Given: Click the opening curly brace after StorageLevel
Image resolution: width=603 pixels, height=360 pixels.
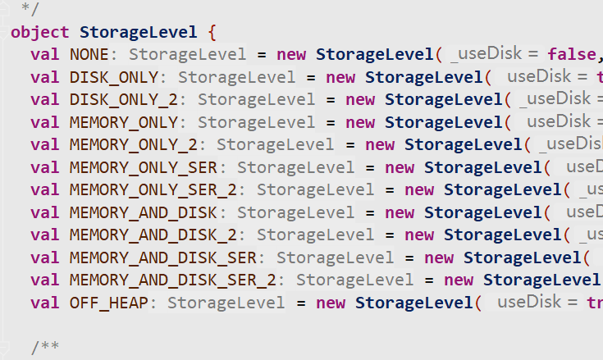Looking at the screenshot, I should tap(212, 33).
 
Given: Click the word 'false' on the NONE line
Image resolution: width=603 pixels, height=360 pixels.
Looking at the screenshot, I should tap(570, 55).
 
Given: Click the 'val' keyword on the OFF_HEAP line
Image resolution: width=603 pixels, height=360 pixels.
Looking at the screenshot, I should tap(45, 303).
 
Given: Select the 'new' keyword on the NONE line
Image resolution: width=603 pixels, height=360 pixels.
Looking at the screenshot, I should tap(291, 55).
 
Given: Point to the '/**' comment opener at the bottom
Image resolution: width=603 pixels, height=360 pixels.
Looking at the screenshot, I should tap(45, 348).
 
